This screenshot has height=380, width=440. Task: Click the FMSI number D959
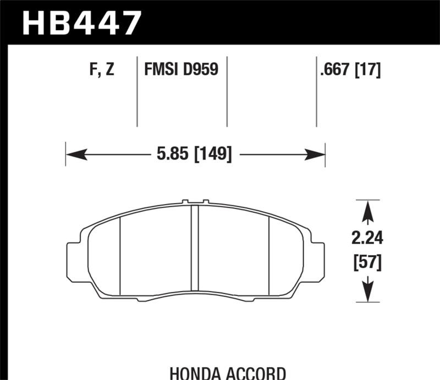point(201,70)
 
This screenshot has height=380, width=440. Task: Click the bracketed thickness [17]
point(369,70)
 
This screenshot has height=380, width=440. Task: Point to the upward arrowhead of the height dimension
point(368,210)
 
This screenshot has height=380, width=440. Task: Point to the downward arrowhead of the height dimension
point(368,291)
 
